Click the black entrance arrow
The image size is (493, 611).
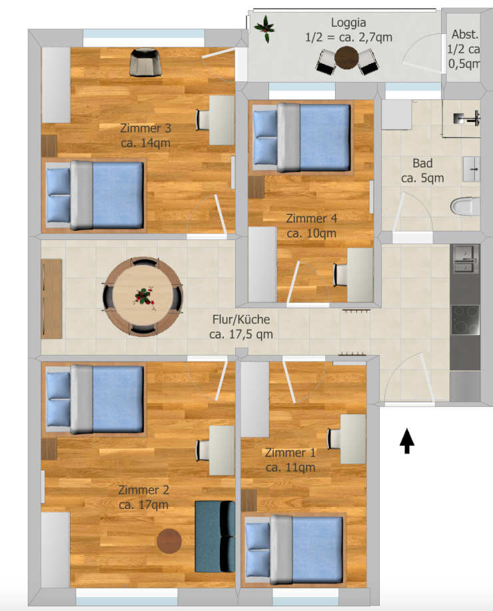click(406, 441)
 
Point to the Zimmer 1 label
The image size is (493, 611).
click(290, 453)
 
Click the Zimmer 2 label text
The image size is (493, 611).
click(143, 490)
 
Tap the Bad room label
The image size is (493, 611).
click(422, 163)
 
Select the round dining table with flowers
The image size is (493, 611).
click(143, 295)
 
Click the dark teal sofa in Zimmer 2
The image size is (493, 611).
click(215, 536)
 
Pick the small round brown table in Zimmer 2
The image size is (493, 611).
click(169, 540)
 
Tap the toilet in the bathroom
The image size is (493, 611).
click(466, 206)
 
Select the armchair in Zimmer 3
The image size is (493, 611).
click(146, 62)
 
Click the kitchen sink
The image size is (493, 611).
click(464, 258)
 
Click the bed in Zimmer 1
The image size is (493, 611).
click(294, 546)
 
